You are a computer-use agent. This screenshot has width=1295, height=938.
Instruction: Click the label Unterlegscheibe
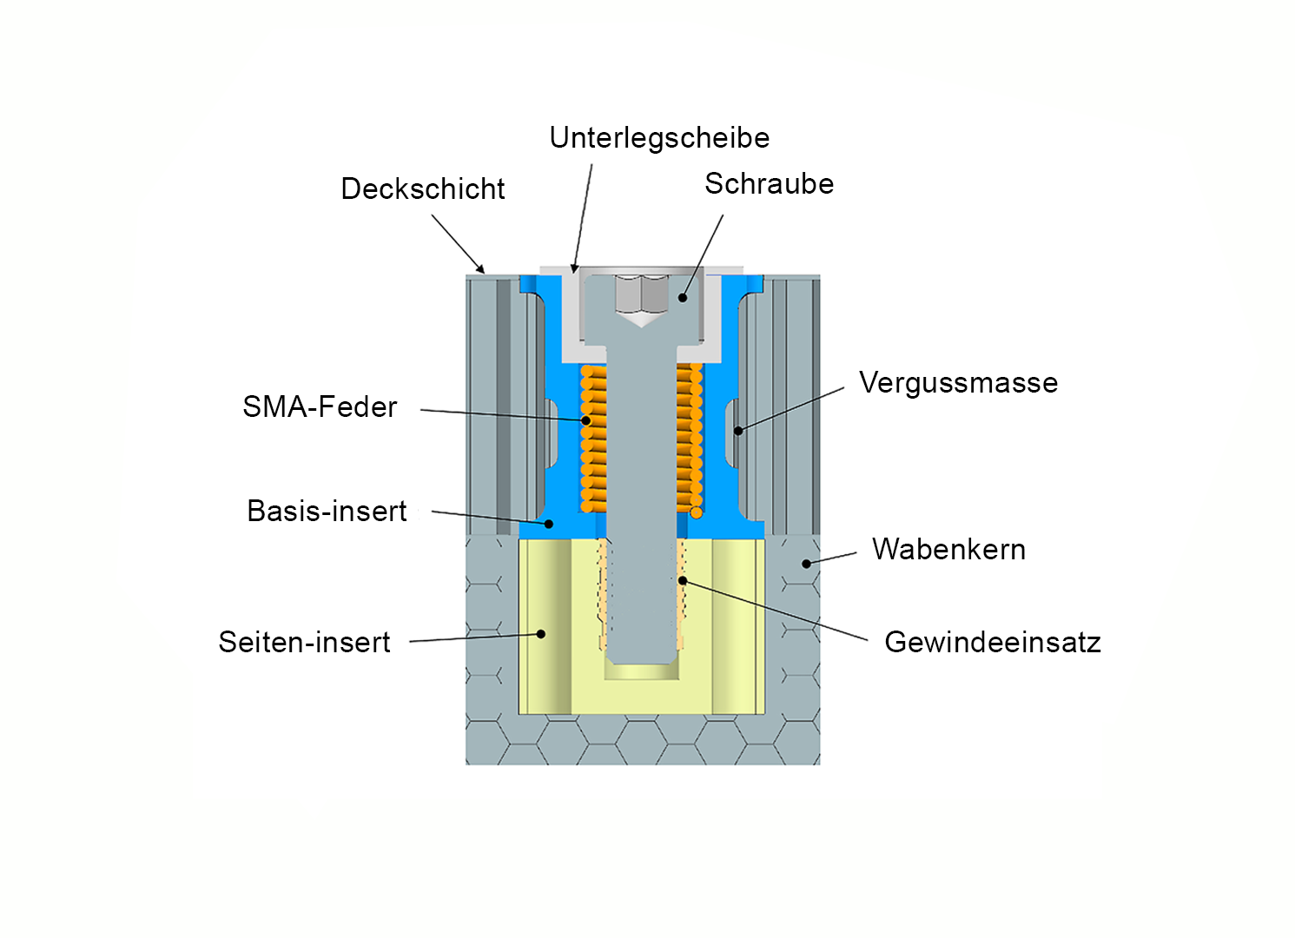659,138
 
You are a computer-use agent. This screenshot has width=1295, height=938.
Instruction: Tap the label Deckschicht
423,189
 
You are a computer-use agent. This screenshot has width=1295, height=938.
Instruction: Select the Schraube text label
769,184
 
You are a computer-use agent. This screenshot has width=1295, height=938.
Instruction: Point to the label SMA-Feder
320,407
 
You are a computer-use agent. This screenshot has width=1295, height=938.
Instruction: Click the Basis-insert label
327,512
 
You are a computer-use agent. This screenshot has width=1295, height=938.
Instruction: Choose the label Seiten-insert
304,643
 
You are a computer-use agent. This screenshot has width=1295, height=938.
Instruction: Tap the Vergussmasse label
958,383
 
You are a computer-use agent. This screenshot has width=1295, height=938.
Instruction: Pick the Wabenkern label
948,550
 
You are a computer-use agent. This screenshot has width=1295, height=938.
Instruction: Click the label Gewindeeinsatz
992,643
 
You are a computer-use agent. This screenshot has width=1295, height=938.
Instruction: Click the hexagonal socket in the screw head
641,295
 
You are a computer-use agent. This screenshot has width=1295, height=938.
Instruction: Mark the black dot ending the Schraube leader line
683,298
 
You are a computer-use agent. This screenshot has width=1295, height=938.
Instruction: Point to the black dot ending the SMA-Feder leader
586,421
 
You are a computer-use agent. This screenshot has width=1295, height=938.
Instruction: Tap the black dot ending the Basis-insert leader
549,524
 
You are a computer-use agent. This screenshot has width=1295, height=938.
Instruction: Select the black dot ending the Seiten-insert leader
541,634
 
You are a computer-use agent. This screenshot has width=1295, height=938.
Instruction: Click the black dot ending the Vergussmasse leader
738,430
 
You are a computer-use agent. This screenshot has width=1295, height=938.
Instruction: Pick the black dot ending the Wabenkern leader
806,564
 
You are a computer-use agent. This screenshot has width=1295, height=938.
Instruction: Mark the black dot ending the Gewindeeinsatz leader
683,580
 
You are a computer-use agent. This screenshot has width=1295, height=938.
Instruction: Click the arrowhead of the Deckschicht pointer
481,270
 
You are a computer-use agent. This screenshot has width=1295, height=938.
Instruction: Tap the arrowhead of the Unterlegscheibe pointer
574,269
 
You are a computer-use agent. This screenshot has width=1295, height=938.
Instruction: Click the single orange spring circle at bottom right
697,512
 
